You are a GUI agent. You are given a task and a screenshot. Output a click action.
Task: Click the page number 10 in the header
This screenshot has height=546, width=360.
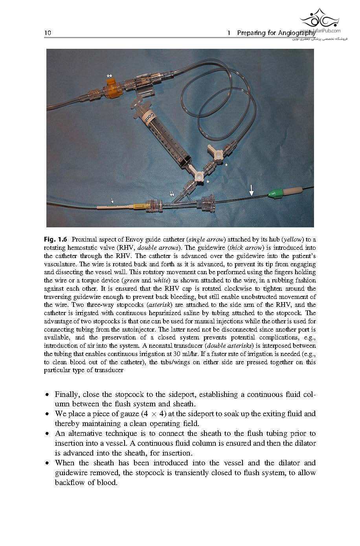48,33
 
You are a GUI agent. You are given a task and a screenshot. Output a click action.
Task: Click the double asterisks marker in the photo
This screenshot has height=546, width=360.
109,76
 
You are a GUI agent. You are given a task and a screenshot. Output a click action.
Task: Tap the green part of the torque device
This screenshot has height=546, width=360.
275,193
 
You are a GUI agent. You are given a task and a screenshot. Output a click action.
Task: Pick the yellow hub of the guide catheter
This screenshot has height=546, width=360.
140,205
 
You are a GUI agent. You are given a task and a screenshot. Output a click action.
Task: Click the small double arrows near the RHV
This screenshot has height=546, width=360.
172,193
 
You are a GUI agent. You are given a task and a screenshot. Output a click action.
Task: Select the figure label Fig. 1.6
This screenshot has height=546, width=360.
55,240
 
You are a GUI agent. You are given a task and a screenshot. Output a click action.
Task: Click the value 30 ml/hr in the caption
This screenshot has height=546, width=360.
185,354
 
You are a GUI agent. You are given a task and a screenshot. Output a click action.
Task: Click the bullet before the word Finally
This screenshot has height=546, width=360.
47,394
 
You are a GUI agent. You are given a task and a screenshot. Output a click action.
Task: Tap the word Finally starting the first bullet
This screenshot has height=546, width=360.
66,394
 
